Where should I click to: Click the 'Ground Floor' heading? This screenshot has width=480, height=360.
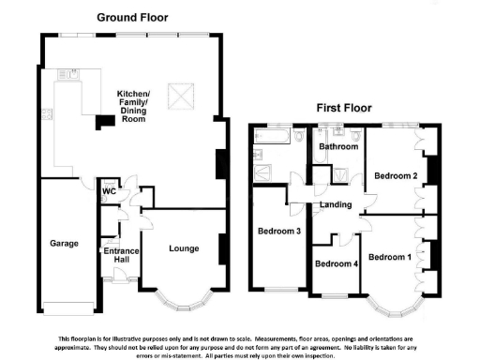click(x=133, y=18)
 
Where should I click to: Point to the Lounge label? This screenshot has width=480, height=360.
click(x=184, y=248)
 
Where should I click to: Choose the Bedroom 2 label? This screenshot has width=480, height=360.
click(x=395, y=175)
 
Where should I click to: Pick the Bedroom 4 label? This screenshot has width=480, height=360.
click(x=336, y=264)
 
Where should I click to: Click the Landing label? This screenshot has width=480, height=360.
click(x=336, y=204)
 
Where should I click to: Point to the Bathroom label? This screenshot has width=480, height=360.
click(x=337, y=147)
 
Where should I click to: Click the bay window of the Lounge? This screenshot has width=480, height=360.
click(x=184, y=302)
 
